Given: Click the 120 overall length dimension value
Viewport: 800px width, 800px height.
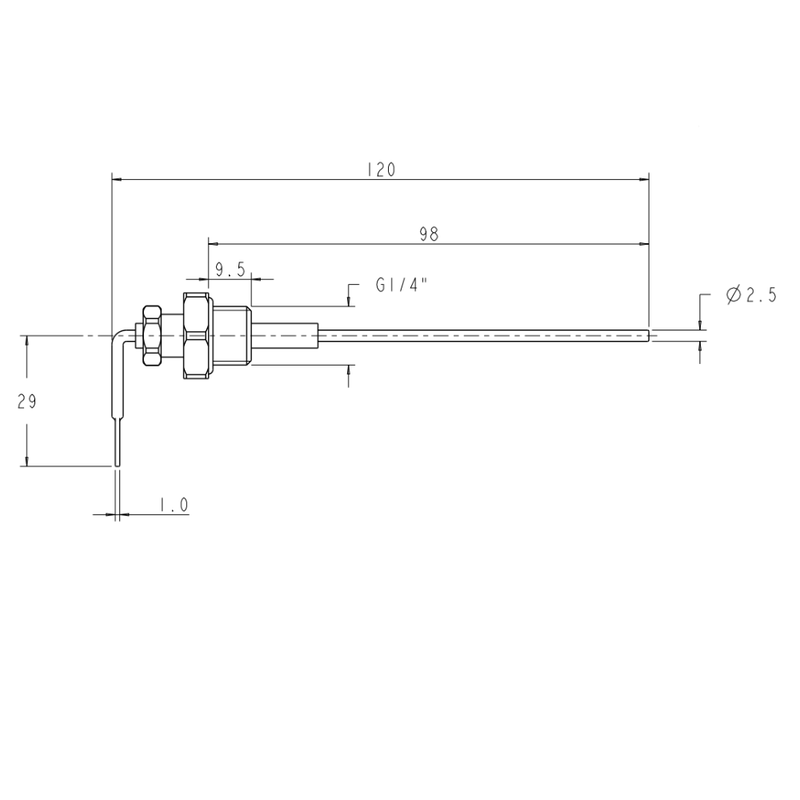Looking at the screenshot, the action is [x=382, y=170].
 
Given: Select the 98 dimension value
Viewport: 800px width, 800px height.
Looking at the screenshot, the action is [x=429, y=234].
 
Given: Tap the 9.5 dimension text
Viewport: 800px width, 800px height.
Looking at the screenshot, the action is [x=230, y=269].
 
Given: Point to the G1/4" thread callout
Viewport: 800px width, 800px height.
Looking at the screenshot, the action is [x=401, y=286].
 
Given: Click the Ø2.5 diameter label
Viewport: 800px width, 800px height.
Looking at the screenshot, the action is [x=751, y=295].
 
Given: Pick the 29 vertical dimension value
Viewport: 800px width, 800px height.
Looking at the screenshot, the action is [x=27, y=402].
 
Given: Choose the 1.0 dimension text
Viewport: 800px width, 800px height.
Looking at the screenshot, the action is [x=174, y=505].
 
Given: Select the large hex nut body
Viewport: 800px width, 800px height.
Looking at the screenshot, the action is [x=197, y=335].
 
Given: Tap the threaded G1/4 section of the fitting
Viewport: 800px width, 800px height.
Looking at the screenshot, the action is [x=230, y=335].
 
